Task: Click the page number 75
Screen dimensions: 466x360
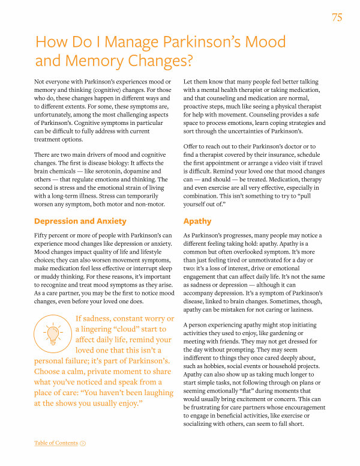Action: pos(337,17)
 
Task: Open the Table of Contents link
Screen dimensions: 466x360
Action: pos(56,443)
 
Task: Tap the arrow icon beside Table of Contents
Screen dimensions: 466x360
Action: pos(83,443)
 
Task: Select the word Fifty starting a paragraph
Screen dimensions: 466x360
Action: pos(42,235)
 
